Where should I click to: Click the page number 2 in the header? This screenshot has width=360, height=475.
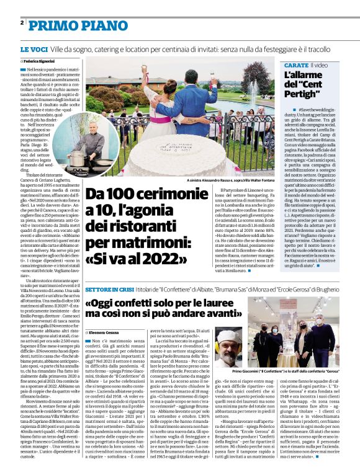click(x=22, y=22)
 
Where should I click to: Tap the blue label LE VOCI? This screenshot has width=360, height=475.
click(x=34, y=48)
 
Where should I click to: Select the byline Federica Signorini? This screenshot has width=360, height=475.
click(x=38, y=62)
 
